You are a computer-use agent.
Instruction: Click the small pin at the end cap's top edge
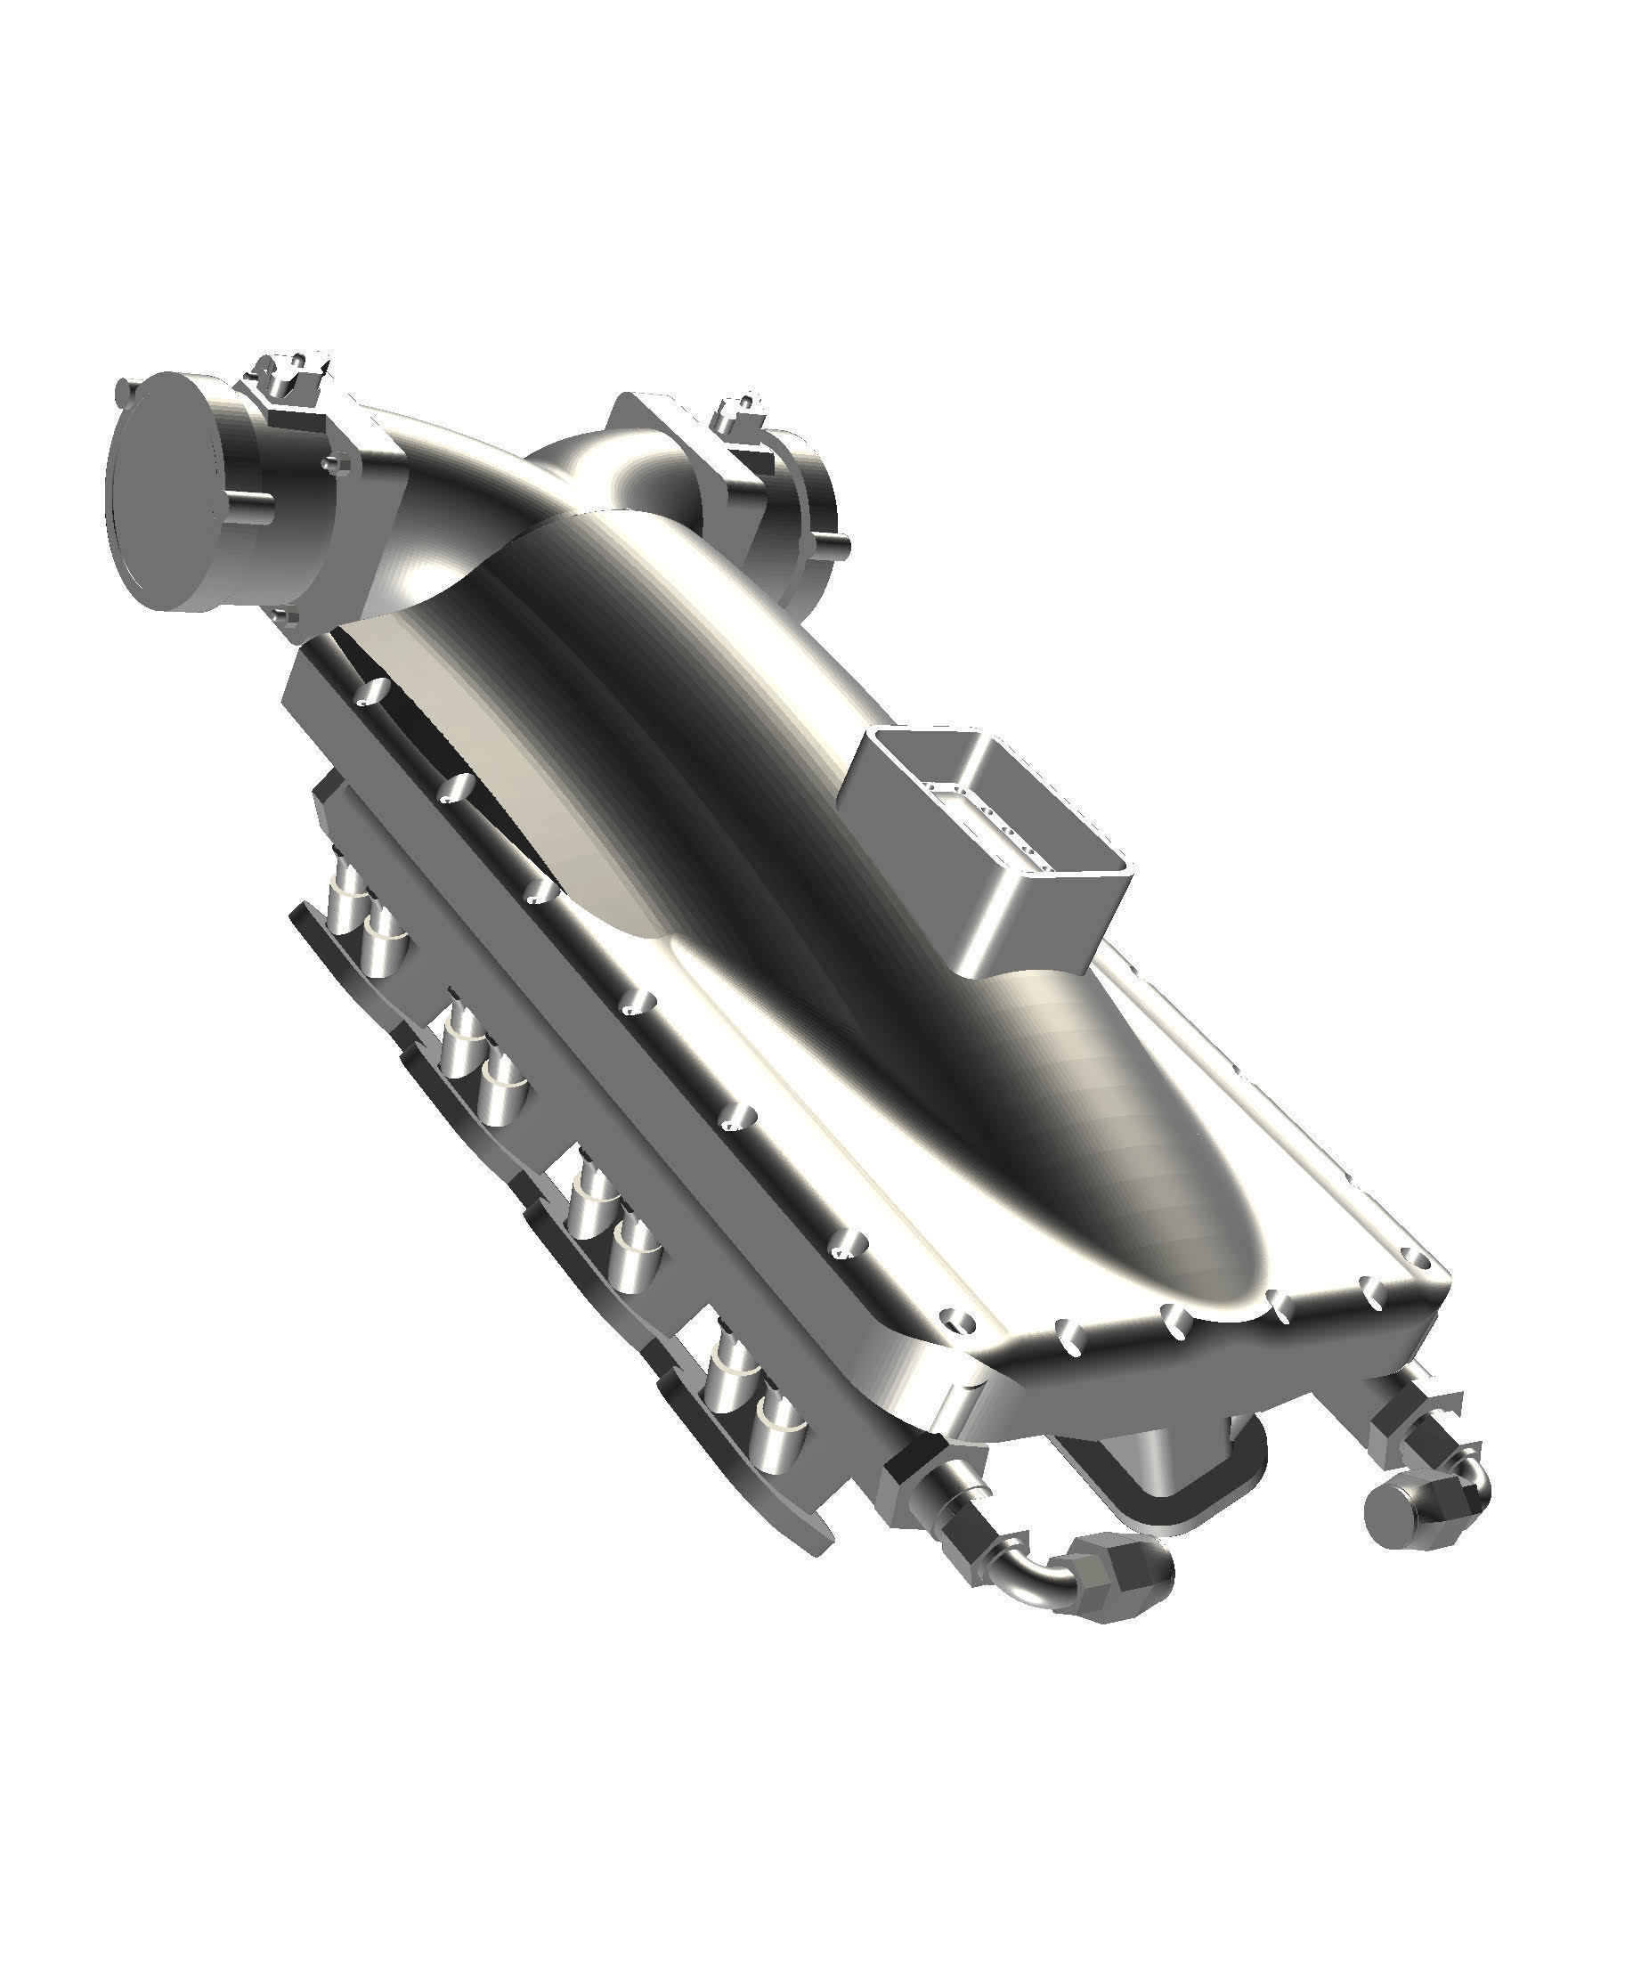tap(123, 387)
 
